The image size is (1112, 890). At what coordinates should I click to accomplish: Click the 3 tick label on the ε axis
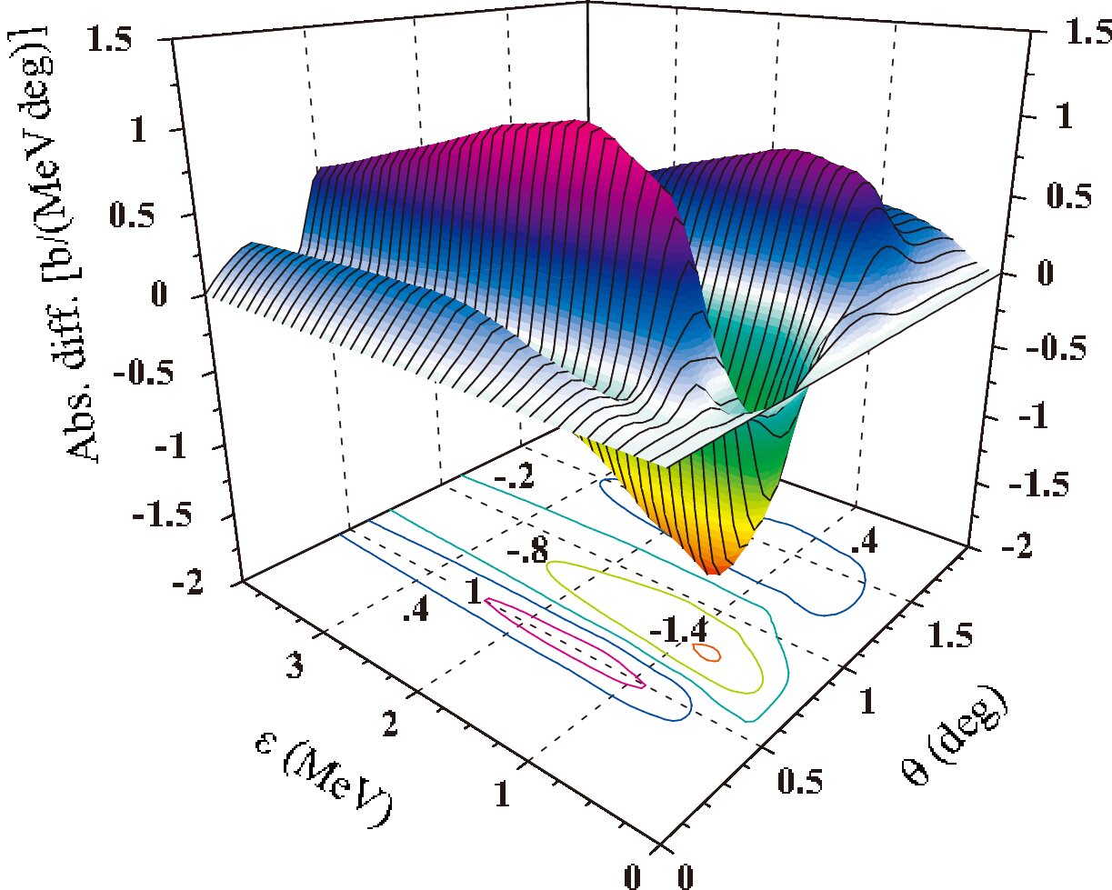(x=294, y=665)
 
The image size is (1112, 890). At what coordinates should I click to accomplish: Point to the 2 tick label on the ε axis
(x=390, y=723)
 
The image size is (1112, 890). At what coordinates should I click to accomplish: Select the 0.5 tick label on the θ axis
(x=799, y=780)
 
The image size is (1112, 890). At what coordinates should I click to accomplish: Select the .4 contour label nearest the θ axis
(x=863, y=542)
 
